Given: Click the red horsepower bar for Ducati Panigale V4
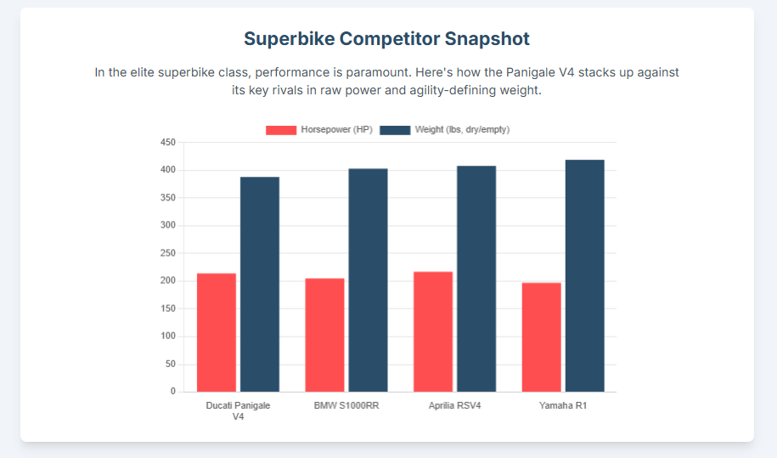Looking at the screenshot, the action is click(x=217, y=332).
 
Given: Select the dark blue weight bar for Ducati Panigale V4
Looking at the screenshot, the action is click(x=260, y=285).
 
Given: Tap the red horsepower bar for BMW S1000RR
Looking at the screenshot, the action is click(x=324, y=335).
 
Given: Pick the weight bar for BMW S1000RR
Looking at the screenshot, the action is click(x=369, y=280).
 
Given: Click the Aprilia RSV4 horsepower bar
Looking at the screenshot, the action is click(x=433, y=331).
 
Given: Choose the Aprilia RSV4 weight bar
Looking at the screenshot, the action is click(x=476, y=279).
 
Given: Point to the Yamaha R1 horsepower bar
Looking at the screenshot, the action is click(x=541, y=337).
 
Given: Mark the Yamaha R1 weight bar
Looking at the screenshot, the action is click(x=585, y=276).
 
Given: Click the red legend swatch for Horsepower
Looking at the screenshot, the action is click(x=281, y=130).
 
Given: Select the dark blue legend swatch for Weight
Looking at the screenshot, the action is click(x=395, y=130).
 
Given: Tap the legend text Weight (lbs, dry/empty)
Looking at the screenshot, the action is click(x=462, y=129).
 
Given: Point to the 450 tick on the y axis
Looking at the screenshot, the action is click(x=168, y=142).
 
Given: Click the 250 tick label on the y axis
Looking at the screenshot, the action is click(x=168, y=253).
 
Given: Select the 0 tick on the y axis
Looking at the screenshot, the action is click(x=173, y=391).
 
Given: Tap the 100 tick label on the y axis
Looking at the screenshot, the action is click(x=168, y=336).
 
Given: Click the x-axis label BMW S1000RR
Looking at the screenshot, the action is click(x=346, y=405).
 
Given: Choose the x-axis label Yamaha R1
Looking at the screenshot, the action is click(x=563, y=405).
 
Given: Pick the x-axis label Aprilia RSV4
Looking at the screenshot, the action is click(x=455, y=405).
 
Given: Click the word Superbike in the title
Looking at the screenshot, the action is click(x=290, y=39).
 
